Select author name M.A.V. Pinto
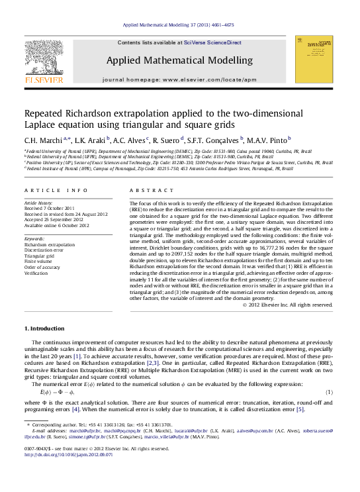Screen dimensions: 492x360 point(270,140)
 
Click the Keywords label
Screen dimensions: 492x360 point(34,238)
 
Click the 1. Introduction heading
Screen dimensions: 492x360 point(45,329)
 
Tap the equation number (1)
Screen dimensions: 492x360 point(329,393)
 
